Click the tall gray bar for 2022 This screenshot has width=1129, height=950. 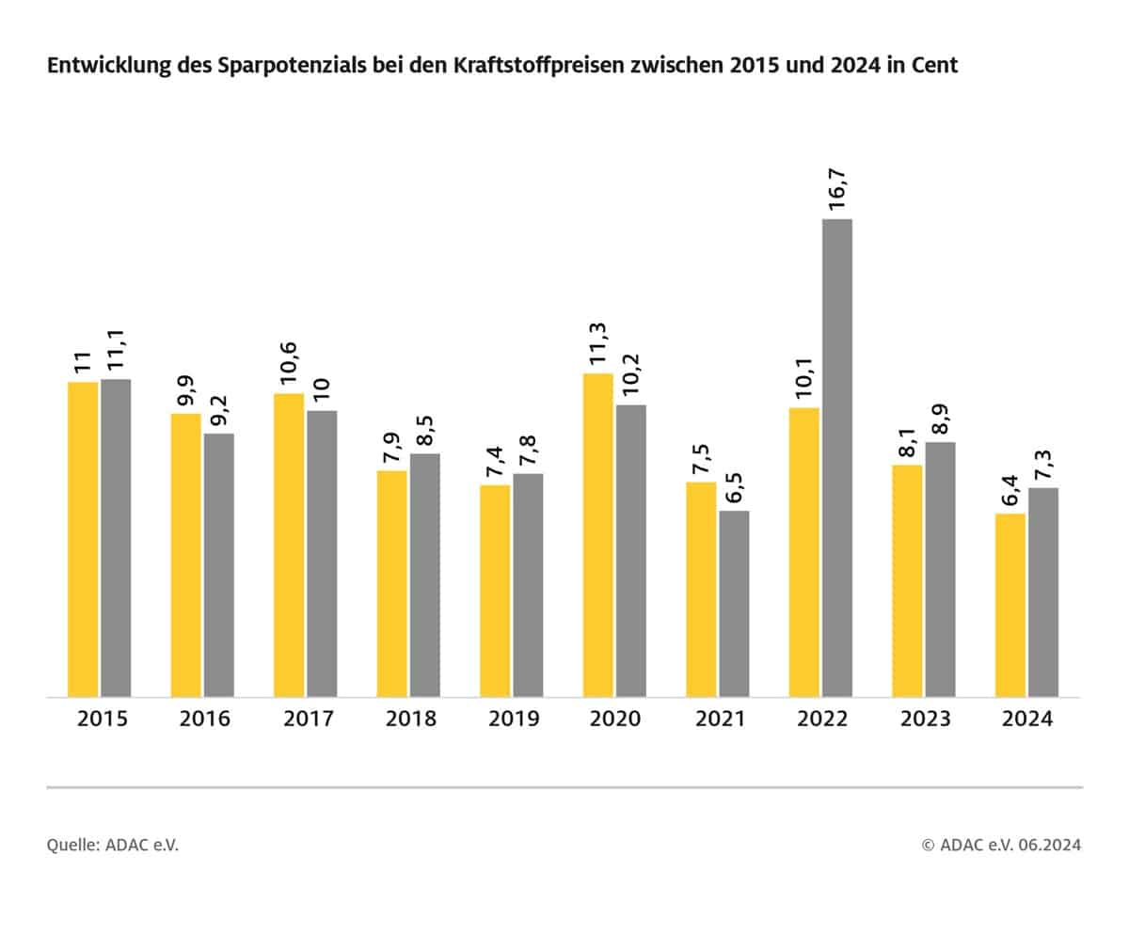point(837,458)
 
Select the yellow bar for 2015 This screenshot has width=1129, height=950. point(83,539)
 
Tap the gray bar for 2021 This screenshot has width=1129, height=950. point(734,604)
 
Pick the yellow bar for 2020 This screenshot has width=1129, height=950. point(597,535)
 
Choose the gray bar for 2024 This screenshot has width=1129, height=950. point(1043,593)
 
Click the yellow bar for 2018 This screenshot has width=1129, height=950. point(391,583)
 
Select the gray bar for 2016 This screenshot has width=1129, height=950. point(219,565)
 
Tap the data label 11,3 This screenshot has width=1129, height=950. point(597,344)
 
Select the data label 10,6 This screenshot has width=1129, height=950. point(289,362)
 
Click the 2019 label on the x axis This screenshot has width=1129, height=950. point(513,720)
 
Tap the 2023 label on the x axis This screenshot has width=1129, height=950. point(925,720)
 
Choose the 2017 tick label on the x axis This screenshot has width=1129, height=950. point(307,720)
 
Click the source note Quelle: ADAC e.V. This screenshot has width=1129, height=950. point(112,845)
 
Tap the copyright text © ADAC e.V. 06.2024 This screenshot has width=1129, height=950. point(1001,845)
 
